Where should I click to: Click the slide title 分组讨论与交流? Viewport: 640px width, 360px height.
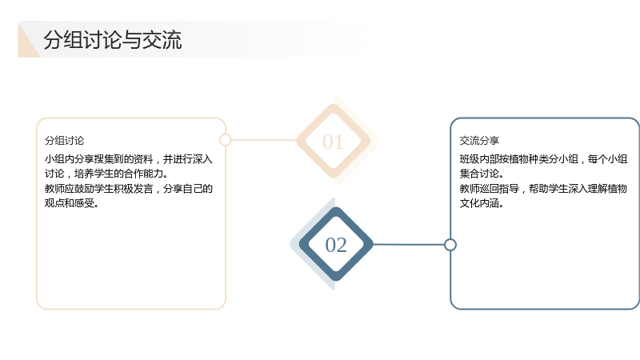click(113, 40)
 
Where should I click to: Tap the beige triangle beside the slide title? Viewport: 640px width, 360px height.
click(26, 45)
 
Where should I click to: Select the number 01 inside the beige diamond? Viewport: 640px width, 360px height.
click(333, 142)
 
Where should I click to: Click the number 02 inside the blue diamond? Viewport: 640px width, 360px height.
click(336, 245)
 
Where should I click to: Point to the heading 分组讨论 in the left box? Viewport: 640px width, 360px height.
click(65, 141)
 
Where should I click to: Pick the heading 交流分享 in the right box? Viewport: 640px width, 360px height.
click(479, 141)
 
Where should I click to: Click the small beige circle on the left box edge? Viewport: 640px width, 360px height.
click(226, 140)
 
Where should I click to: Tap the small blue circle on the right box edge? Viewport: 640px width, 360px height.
click(450, 245)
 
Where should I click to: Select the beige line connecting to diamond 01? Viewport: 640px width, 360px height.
click(264, 140)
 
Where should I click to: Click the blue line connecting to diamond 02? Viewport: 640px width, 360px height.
click(408, 245)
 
